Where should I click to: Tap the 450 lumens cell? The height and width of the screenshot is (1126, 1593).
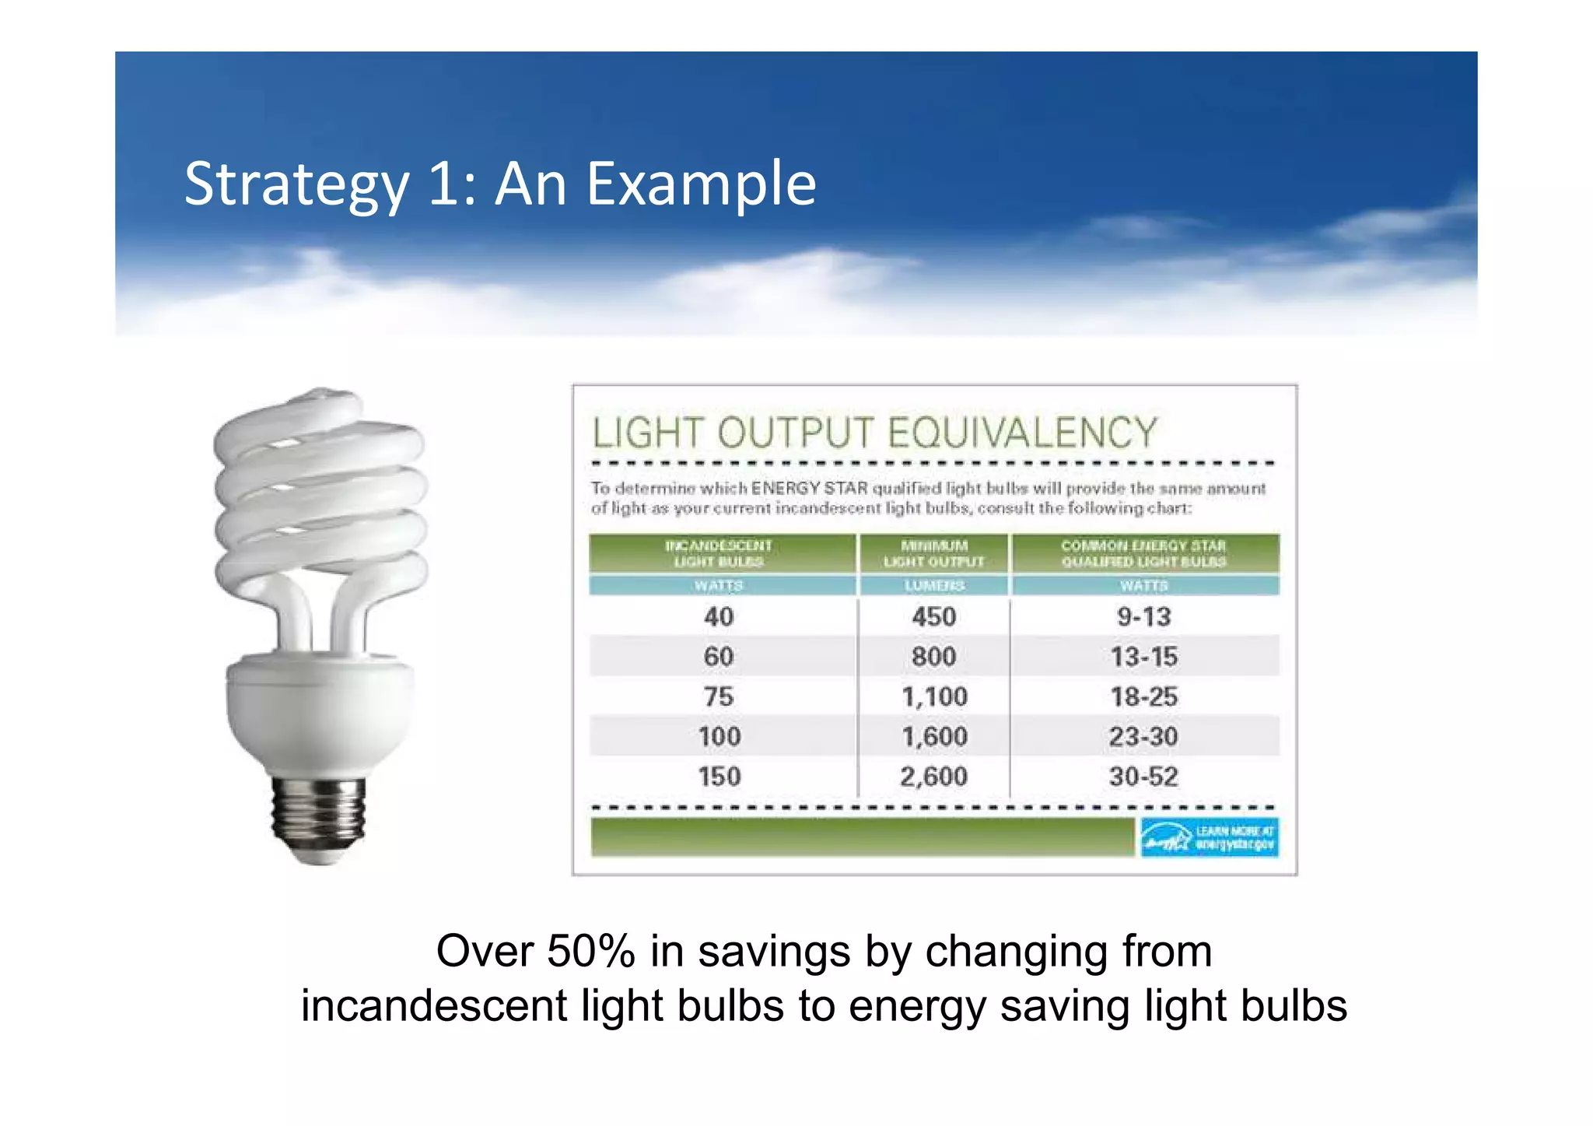coord(933,617)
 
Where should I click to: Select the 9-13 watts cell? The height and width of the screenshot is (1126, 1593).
coord(1143,617)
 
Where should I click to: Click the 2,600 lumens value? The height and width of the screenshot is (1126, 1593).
coord(933,777)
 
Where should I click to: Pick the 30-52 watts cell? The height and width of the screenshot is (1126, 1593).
coord(1143,777)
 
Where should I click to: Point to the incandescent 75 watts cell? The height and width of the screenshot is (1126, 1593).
coord(719,696)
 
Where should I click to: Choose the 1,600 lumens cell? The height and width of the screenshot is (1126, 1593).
coord(933,737)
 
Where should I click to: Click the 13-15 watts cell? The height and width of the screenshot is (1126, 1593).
coord(1143,657)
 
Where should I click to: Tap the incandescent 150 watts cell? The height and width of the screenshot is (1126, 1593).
coord(719,777)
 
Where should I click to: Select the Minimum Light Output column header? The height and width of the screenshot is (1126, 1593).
coord(933,553)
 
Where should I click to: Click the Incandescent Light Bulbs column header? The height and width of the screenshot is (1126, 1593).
coord(719,553)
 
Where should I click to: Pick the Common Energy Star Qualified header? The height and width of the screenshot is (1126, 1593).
coord(1143,553)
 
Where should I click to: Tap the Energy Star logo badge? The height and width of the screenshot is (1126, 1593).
coord(1209,837)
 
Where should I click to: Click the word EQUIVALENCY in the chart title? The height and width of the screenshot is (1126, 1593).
coord(1022,433)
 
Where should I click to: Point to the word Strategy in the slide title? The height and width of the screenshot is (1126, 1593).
coord(296,184)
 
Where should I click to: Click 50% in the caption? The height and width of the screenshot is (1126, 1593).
coord(591,951)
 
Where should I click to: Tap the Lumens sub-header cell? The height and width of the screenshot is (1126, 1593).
coord(933,585)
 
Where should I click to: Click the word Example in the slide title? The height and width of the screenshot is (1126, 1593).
coord(701,184)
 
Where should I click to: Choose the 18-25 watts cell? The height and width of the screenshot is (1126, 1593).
coord(1143,696)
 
